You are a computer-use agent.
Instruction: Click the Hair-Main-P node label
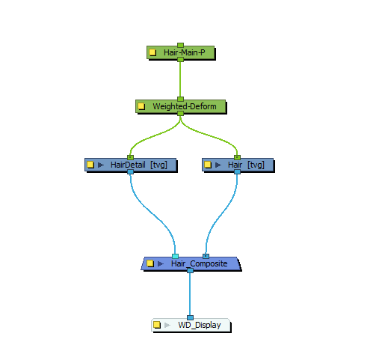tap(185, 52)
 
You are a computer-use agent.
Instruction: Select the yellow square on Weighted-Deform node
tap(141, 106)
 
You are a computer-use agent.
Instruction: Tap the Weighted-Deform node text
tap(185, 106)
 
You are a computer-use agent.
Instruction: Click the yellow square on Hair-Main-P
tap(152, 52)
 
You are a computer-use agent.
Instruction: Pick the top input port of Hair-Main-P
tap(180, 45)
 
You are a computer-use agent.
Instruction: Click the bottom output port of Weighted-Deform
tap(180, 114)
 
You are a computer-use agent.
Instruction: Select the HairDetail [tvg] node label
tap(139, 165)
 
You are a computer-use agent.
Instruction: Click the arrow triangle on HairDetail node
tap(101, 165)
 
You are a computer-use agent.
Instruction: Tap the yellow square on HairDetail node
tap(90, 165)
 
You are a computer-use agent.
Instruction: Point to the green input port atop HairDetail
tap(130, 157)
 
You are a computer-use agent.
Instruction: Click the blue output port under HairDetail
tap(130, 172)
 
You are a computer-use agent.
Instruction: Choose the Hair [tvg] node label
tap(246, 165)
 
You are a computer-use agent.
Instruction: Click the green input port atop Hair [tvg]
tap(237, 157)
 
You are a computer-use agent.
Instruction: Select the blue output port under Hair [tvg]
tap(237, 172)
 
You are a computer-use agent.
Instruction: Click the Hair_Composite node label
tap(199, 263)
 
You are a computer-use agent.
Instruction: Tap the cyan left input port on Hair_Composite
tap(175, 256)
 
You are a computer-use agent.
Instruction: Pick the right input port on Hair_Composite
tap(206, 256)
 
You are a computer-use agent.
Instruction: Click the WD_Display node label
tap(200, 325)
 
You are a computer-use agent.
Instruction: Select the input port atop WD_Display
tap(190, 317)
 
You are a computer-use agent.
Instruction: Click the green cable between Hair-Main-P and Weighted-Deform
tap(180, 79)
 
